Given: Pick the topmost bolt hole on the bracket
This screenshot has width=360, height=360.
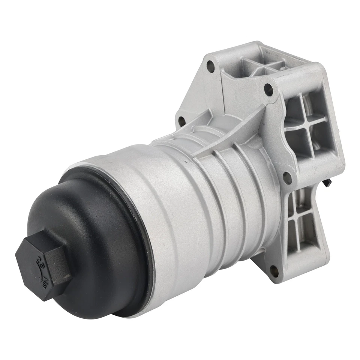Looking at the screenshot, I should coord(210,67).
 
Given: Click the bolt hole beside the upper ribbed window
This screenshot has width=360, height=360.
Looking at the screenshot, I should coord(268,89).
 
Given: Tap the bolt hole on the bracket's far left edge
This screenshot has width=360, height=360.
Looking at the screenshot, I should coord(181,121).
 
